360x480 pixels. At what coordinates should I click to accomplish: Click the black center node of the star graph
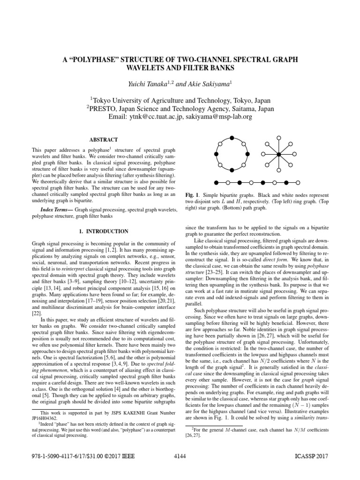tap(278, 154)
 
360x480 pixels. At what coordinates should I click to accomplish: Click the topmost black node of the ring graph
tap(232, 137)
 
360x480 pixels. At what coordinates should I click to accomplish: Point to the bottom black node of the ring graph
tap(232, 171)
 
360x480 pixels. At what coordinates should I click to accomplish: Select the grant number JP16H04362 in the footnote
tap(46, 428)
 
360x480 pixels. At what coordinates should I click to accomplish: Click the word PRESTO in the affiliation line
tap(105, 108)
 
